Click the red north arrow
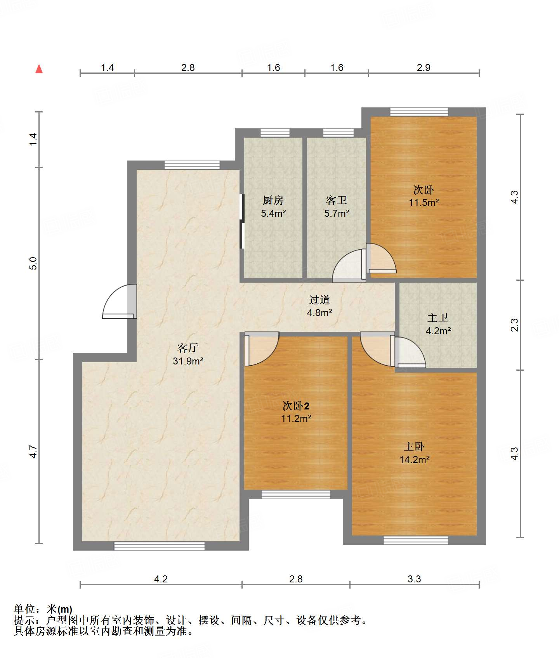point(39,69)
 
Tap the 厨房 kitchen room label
point(273,200)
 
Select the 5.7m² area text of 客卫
point(337,213)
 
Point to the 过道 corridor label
point(319,300)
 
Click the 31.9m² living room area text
point(188,361)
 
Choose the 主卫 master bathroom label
point(438,318)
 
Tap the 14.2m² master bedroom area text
point(415,460)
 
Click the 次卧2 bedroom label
point(296,406)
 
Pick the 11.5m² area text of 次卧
point(424,202)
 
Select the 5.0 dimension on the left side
point(33,263)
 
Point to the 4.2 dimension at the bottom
point(161,579)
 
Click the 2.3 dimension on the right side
point(514,325)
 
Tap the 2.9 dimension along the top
point(424,67)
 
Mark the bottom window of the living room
point(159,546)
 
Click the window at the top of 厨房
point(275,133)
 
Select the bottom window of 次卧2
point(296,494)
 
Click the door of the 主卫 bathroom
point(410,352)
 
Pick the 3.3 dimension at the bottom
point(414,579)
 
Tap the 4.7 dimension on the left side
point(33,452)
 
